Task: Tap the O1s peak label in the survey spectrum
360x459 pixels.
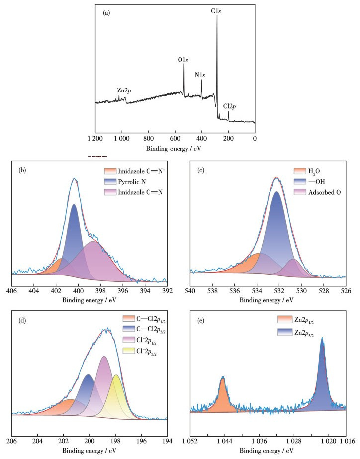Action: coord(183,60)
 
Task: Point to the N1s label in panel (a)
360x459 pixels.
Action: coord(200,75)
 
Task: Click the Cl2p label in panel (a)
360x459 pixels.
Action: coord(230,106)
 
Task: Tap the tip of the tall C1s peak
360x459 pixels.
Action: coord(217,16)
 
